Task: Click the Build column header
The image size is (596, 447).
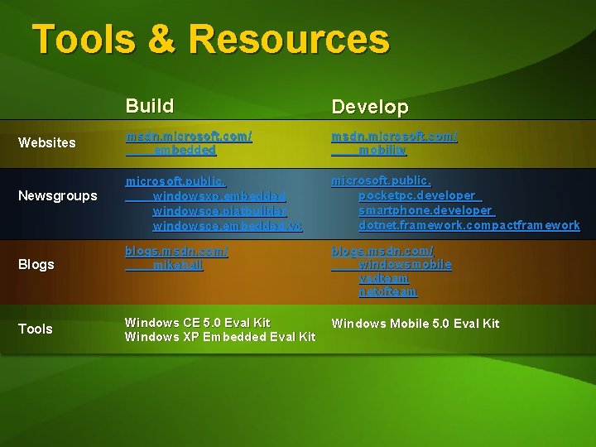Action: [x=150, y=106]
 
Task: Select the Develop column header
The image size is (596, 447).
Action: [x=370, y=108]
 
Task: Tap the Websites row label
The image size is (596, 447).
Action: [x=46, y=142]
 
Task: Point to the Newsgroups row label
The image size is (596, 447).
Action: [x=58, y=196]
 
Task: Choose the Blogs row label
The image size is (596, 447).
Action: [x=36, y=265]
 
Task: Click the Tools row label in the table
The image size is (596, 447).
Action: [x=36, y=329]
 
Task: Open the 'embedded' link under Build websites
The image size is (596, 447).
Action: [x=185, y=150]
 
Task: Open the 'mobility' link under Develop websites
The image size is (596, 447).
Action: [x=382, y=150]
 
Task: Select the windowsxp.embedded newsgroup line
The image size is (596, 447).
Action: [x=219, y=196]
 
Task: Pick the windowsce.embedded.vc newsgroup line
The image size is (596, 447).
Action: [x=228, y=224]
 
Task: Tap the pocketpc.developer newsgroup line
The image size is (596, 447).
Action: [x=417, y=195]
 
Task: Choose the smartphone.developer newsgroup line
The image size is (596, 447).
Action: [x=426, y=210]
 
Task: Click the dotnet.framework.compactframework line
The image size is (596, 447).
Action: [x=469, y=224]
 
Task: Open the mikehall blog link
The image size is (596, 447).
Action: [x=178, y=265]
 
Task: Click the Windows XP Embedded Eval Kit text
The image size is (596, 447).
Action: [x=219, y=336]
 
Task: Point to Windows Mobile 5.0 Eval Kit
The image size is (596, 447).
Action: [x=416, y=323]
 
